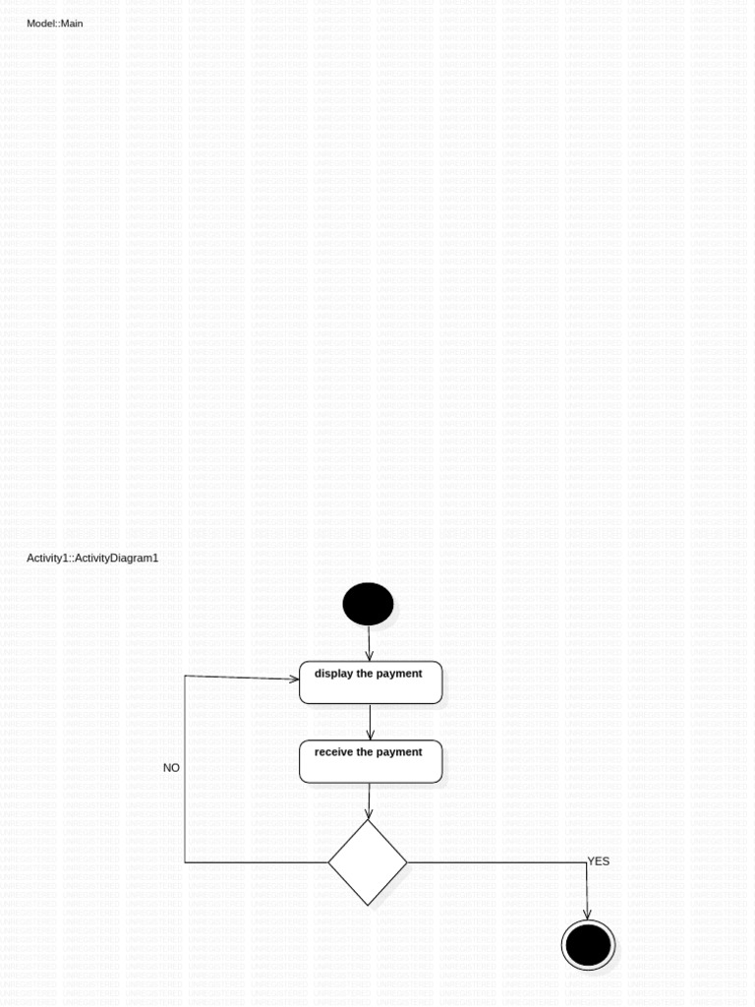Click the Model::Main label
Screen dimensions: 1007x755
point(55,23)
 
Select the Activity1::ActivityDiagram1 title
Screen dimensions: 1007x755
point(92,558)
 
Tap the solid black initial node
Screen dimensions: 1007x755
point(368,604)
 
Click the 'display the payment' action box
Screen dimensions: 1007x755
point(371,682)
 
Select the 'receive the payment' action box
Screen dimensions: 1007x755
point(371,762)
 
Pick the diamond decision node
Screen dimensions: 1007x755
point(368,862)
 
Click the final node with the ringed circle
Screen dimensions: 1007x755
point(588,945)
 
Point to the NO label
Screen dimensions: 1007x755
point(171,768)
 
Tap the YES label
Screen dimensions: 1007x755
point(599,861)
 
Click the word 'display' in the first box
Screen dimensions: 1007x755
point(334,674)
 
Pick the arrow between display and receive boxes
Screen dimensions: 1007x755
point(370,723)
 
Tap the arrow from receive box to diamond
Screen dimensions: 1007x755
point(369,800)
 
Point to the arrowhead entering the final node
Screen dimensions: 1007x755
point(587,914)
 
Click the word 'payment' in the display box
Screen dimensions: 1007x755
point(399,674)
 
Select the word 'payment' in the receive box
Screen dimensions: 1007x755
point(399,752)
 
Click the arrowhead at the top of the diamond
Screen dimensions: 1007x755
point(369,813)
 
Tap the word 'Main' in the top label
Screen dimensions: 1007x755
point(72,23)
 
